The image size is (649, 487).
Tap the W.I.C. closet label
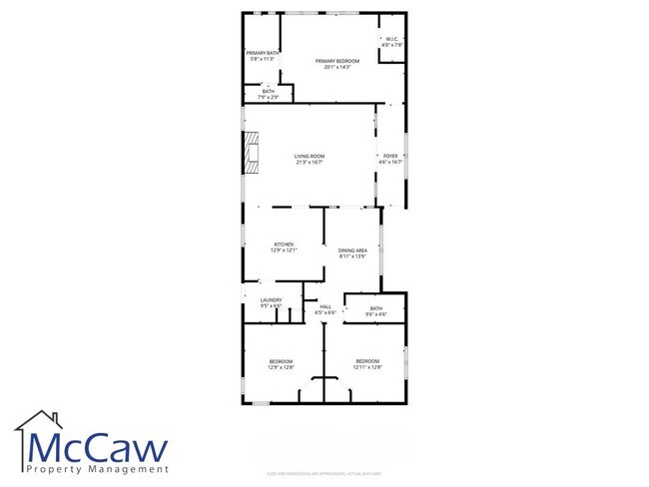pos(392,40)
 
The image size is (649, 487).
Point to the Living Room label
pos(310,156)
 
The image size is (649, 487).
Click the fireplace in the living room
pos(251,154)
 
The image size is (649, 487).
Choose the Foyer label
pos(389,156)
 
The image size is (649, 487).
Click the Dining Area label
pos(352,250)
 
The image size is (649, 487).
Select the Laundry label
pos(271,300)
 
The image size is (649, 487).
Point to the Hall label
pos(324,307)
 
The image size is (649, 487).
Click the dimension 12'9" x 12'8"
pos(281,367)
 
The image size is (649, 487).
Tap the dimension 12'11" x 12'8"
pos(367,367)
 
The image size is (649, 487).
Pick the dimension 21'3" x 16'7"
pos(310,162)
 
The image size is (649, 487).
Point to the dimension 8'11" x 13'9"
pos(352,256)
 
